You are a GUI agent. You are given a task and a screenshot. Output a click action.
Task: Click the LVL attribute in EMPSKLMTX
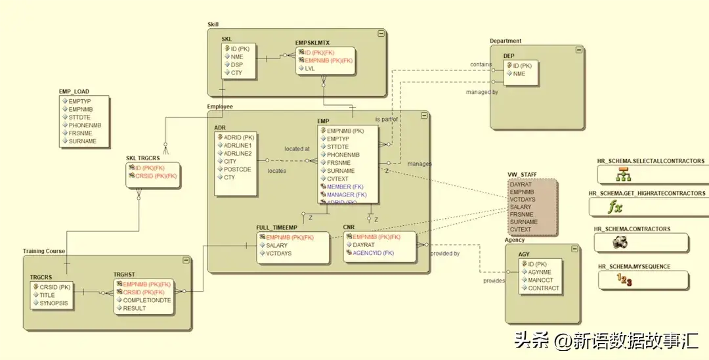[310, 68]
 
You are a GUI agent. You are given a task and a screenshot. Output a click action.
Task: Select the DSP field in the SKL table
[237, 64]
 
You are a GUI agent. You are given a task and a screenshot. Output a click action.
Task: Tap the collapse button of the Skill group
[381, 33]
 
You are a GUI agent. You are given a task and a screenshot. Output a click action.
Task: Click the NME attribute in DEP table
[519, 74]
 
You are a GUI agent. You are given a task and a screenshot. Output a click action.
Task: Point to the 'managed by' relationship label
[482, 93]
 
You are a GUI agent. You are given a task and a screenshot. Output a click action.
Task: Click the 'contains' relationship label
[481, 64]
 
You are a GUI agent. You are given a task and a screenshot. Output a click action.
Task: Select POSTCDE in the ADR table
[237, 169]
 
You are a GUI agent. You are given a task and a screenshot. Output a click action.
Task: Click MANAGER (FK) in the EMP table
[346, 195]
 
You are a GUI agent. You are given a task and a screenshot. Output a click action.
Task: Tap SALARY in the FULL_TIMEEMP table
[276, 245]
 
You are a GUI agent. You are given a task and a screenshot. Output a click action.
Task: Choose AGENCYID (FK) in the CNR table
[373, 253]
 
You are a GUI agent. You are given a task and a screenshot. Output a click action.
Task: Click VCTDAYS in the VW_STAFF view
[523, 200]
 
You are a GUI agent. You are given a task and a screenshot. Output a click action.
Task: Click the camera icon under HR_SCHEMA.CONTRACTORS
[619, 243]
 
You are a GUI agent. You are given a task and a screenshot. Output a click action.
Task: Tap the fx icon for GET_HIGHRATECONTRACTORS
[614, 208]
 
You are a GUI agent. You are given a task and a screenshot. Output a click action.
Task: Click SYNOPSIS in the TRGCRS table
[54, 304]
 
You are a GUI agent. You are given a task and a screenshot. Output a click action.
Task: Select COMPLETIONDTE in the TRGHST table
[147, 300]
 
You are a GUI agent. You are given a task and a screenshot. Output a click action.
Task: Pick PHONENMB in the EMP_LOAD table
[85, 125]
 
